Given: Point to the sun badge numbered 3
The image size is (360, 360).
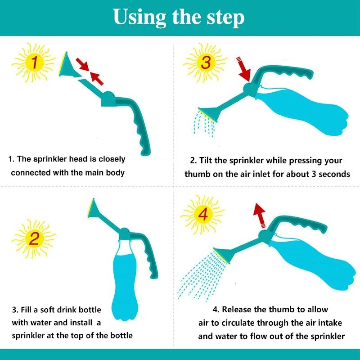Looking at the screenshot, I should click(x=205, y=63).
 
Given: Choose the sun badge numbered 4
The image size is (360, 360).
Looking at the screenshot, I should click(x=203, y=216).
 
